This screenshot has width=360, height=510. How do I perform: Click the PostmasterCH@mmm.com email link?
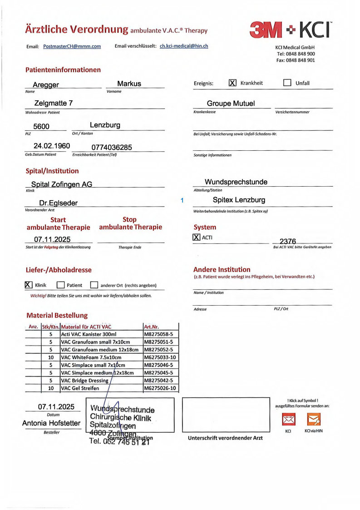[x=72, y=46]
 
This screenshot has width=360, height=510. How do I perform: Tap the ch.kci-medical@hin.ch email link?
[x=184, y=46]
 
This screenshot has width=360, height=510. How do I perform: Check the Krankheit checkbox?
[x=232, y=83]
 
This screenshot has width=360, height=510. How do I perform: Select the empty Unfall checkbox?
[x=287, y=83]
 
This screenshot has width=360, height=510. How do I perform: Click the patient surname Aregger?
[x=46, y=85]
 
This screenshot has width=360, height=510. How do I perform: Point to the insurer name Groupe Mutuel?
[x=231, y=104]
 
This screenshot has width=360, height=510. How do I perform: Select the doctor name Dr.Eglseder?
[x=58, y=203]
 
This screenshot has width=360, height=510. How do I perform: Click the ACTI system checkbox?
[x=197, y=237]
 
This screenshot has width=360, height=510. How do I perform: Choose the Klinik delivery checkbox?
[x=28, y=285]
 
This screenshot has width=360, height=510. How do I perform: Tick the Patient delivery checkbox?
[x=61, y=285]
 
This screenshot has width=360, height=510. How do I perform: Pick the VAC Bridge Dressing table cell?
[x=85, y=381]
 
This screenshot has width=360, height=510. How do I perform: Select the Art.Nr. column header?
[x=151, y=327]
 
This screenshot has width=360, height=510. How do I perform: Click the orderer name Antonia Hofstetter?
[x=51, y=423]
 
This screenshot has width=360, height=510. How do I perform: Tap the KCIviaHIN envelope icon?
[x=314, y=419]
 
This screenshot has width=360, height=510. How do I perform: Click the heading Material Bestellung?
[x=57, y=315]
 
